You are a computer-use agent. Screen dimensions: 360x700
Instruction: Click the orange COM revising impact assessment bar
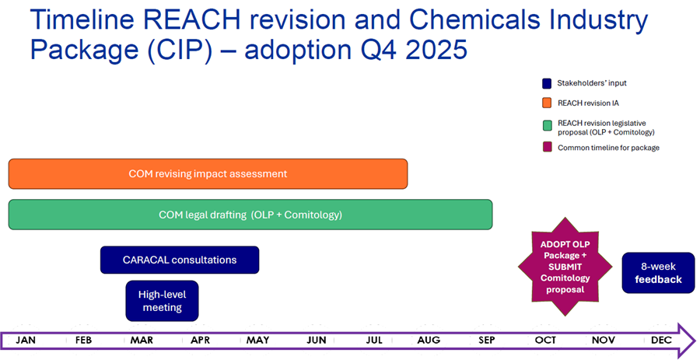(208, 173)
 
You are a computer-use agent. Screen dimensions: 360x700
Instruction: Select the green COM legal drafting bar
(250, 215)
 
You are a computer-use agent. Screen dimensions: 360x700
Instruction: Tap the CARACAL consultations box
(179, 260)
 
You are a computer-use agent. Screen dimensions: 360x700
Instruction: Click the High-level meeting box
(162, 301)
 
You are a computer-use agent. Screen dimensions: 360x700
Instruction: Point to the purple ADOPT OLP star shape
(565, 267)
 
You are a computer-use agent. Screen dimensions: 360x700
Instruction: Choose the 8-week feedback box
(658, 273)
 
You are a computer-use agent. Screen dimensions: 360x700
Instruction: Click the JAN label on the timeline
(26, 340)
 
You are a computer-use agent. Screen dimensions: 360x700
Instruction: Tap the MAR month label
(142, 340)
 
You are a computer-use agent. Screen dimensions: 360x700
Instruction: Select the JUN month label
(316, 340)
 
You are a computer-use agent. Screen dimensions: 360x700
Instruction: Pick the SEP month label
(487, 340)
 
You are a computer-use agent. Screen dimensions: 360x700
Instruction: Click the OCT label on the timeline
(545, 340)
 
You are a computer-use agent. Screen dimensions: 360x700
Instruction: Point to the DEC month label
(661, 340)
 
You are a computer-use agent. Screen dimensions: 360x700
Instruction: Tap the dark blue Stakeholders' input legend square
(547, 83)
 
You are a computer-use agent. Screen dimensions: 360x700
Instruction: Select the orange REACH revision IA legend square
(547, 103)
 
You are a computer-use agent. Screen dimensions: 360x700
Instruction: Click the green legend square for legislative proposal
(547, 123)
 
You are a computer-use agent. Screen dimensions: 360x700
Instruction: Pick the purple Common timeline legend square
(547, 147)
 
